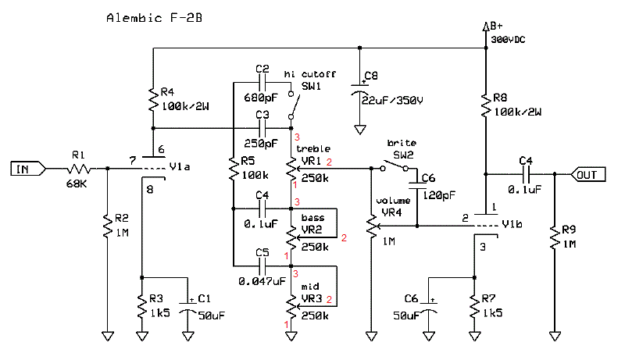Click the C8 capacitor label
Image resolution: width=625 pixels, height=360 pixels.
pos(371,76)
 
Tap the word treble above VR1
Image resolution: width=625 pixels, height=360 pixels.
pos(313,148)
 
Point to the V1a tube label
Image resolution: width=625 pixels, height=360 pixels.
pos(182,166)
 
